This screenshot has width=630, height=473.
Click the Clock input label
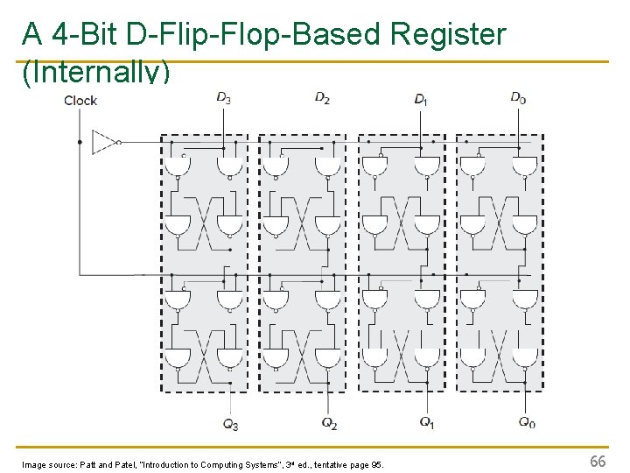[80, 100]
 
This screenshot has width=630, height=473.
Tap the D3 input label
[224, 96]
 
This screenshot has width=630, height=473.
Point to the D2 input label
[322, 96]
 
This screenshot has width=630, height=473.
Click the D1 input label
[421, 98]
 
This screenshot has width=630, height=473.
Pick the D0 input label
[518, 96]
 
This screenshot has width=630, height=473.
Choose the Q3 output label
[230, 424]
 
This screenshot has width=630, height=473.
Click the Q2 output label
[329, 424]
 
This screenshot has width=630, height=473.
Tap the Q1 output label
[427, 422]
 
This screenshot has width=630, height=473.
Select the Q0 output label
[527, 422]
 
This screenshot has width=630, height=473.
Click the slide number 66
[598, 461]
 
